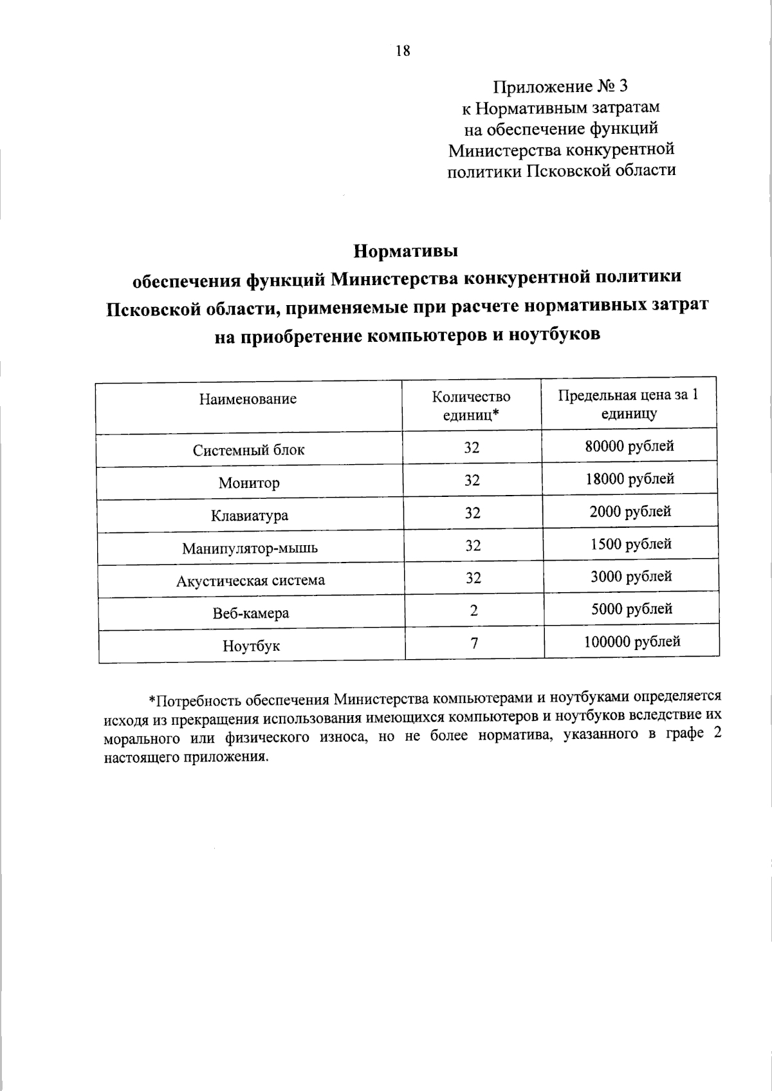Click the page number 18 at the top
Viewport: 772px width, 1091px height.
[403, 51]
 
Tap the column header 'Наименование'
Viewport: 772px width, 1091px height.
[248, 399]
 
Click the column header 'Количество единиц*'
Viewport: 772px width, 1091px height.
[471, 406]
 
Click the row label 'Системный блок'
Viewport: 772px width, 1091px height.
[248, 450]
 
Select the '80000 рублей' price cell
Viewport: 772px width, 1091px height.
[629, 446]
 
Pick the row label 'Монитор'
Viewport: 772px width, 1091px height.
[248, 483]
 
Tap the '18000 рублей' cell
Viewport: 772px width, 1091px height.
[630, 479]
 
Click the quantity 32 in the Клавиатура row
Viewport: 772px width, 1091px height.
[472, 513]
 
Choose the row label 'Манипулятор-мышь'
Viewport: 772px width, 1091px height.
[250, 548]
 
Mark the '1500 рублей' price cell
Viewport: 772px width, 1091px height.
[631, 544]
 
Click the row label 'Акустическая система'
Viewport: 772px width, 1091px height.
[250, 581]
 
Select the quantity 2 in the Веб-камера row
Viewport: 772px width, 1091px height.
[473, 610]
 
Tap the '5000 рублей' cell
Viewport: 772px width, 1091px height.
[632, 609]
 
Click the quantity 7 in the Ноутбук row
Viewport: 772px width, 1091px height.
[474, 642]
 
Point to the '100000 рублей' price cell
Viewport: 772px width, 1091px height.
[632, 641]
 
